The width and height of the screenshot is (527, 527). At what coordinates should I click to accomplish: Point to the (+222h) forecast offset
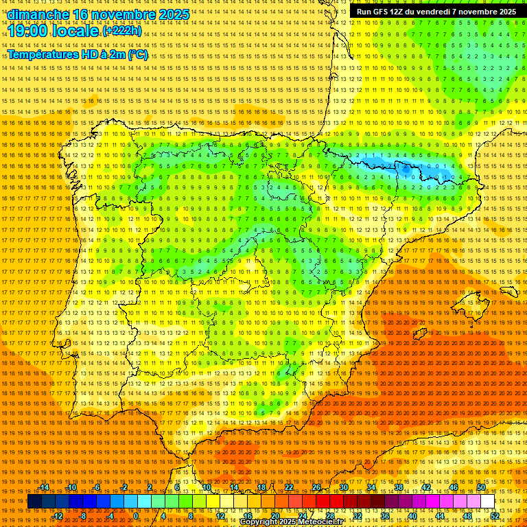click(x=123, y=31)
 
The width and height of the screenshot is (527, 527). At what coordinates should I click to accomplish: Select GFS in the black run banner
click(x=381, y=12)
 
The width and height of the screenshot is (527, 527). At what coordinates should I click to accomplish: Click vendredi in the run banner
click(x=430, y=12)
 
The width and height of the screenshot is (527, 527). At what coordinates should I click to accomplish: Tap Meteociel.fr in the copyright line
click(x=313, y=522)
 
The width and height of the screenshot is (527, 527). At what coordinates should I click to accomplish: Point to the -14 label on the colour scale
click(x=44, y=487)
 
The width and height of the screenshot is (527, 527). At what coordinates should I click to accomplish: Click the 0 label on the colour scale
click(x=136, y=515)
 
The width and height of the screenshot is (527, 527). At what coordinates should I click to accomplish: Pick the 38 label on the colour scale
click(x=399, y=487)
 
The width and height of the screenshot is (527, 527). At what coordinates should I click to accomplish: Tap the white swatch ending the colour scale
click(x=488, y=502)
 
